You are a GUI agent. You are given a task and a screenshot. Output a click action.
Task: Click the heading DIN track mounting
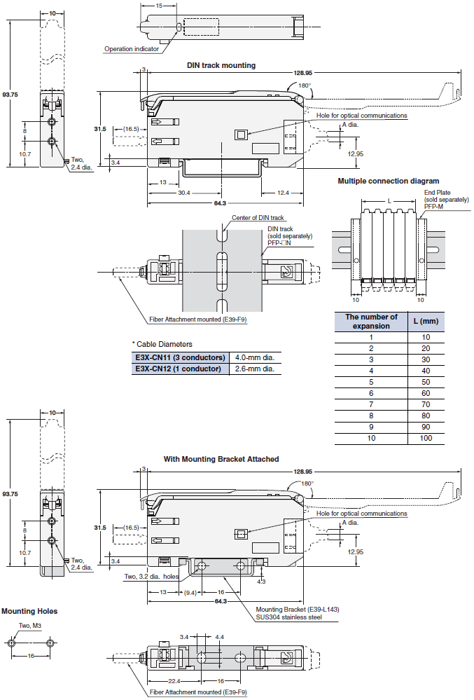pos(221,65)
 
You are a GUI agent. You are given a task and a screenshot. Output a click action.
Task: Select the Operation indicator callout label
pos(132,49)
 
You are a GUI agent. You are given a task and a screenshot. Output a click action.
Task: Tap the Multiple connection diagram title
pos(388,181)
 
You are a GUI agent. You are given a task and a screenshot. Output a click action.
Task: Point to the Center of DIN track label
pos(258,218)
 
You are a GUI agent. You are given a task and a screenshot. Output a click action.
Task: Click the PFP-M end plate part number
pos(434,207)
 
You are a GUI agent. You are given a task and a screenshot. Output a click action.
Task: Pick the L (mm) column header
pos(425,322)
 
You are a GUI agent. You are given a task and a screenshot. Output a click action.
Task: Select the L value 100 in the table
pos(425,438)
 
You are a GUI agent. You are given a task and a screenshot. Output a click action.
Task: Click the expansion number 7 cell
pos(371,404)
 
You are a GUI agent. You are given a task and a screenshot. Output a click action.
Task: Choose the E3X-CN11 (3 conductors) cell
pos(180,357)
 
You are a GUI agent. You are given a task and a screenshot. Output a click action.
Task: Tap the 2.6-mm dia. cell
pos(254,369)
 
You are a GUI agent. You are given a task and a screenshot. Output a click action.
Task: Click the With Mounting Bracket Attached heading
pos(221,459)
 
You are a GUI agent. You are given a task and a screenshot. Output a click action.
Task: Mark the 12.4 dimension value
pos(283,193)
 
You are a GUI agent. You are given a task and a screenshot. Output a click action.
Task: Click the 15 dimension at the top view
pos(159,6)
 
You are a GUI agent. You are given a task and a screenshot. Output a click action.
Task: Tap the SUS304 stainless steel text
pos(288,617)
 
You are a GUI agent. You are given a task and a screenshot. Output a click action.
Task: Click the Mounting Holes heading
pos(29,611)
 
